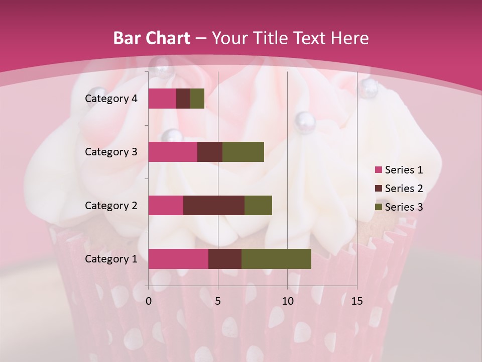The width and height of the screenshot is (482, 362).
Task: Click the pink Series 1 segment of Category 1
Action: (x=178, y=259)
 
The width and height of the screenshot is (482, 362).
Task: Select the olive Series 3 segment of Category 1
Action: (x=276, y=259)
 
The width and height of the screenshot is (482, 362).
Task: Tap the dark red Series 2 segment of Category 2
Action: (x=214, y=205)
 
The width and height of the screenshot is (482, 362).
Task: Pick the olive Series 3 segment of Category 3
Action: (x=243, y=152)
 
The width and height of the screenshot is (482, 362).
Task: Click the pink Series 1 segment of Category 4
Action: (x=162, y=99)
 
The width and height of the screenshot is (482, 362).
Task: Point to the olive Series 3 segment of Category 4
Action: (x=197, y=99)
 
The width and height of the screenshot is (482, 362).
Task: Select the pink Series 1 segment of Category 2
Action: (x=166, y=205)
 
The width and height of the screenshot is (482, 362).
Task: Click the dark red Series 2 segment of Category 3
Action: (x=210, y=152)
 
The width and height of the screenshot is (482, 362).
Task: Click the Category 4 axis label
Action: (x=111, y=99)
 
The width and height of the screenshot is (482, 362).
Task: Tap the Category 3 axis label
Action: (x=111, y=152)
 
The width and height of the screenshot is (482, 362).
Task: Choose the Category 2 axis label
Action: (x=111, y=205)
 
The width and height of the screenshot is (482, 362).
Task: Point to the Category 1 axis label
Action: (x=111, y=259)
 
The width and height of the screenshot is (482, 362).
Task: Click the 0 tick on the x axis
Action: (x=149, y=301)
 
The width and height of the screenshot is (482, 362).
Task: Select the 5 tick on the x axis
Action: (x=218, y=301)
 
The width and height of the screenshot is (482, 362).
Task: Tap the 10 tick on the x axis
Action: (x=287, y=301)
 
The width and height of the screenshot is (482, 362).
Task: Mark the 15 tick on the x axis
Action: (x=356, y=301)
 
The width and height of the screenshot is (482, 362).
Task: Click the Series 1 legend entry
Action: (x=399, y=170)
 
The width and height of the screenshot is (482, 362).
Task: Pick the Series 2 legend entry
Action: (x=399, y=189)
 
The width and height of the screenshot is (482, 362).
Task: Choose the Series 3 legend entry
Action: (x=399, y=207)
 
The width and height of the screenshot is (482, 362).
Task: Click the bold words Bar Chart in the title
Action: (x=151, y=38)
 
